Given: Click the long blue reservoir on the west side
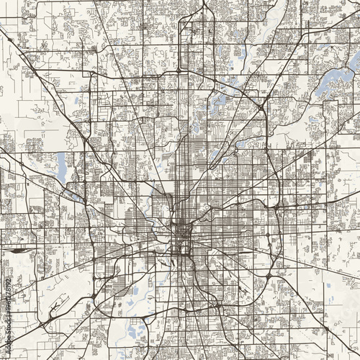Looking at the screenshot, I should (x=61, y=167).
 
